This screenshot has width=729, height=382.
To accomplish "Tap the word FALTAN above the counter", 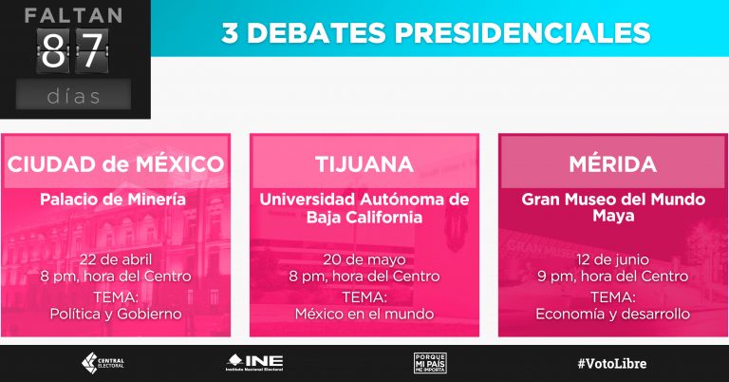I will [73, 15].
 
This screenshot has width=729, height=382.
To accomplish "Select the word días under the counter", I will [73, 95].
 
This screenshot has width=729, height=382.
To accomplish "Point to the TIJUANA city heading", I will [364, 163].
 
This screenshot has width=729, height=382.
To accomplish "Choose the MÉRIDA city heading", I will [612, 163].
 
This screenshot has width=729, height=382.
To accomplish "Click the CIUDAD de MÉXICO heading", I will [116, 163].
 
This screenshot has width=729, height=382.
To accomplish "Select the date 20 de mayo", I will [364, 259].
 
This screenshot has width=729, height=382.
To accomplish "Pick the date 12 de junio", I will [612, 259].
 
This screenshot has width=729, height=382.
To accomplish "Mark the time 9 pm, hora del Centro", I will [612, 277].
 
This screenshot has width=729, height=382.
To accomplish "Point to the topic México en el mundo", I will [364, 314].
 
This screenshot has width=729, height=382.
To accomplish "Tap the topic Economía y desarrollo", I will [612, 314].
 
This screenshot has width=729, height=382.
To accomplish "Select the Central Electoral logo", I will [104, 362].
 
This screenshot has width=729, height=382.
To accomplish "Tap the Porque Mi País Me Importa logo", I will [430, 362].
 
